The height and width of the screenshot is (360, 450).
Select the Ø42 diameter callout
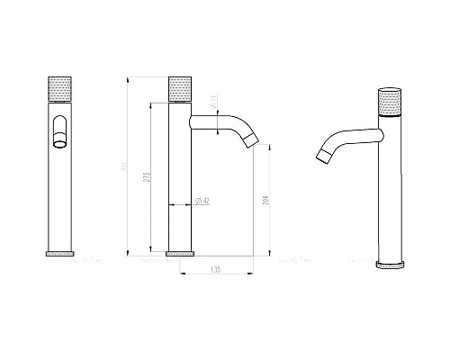pos(204,200)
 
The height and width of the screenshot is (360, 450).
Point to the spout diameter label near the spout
pos(212,101)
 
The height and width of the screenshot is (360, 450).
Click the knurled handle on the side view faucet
pos(180,91)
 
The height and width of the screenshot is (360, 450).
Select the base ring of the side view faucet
pos(180,252)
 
